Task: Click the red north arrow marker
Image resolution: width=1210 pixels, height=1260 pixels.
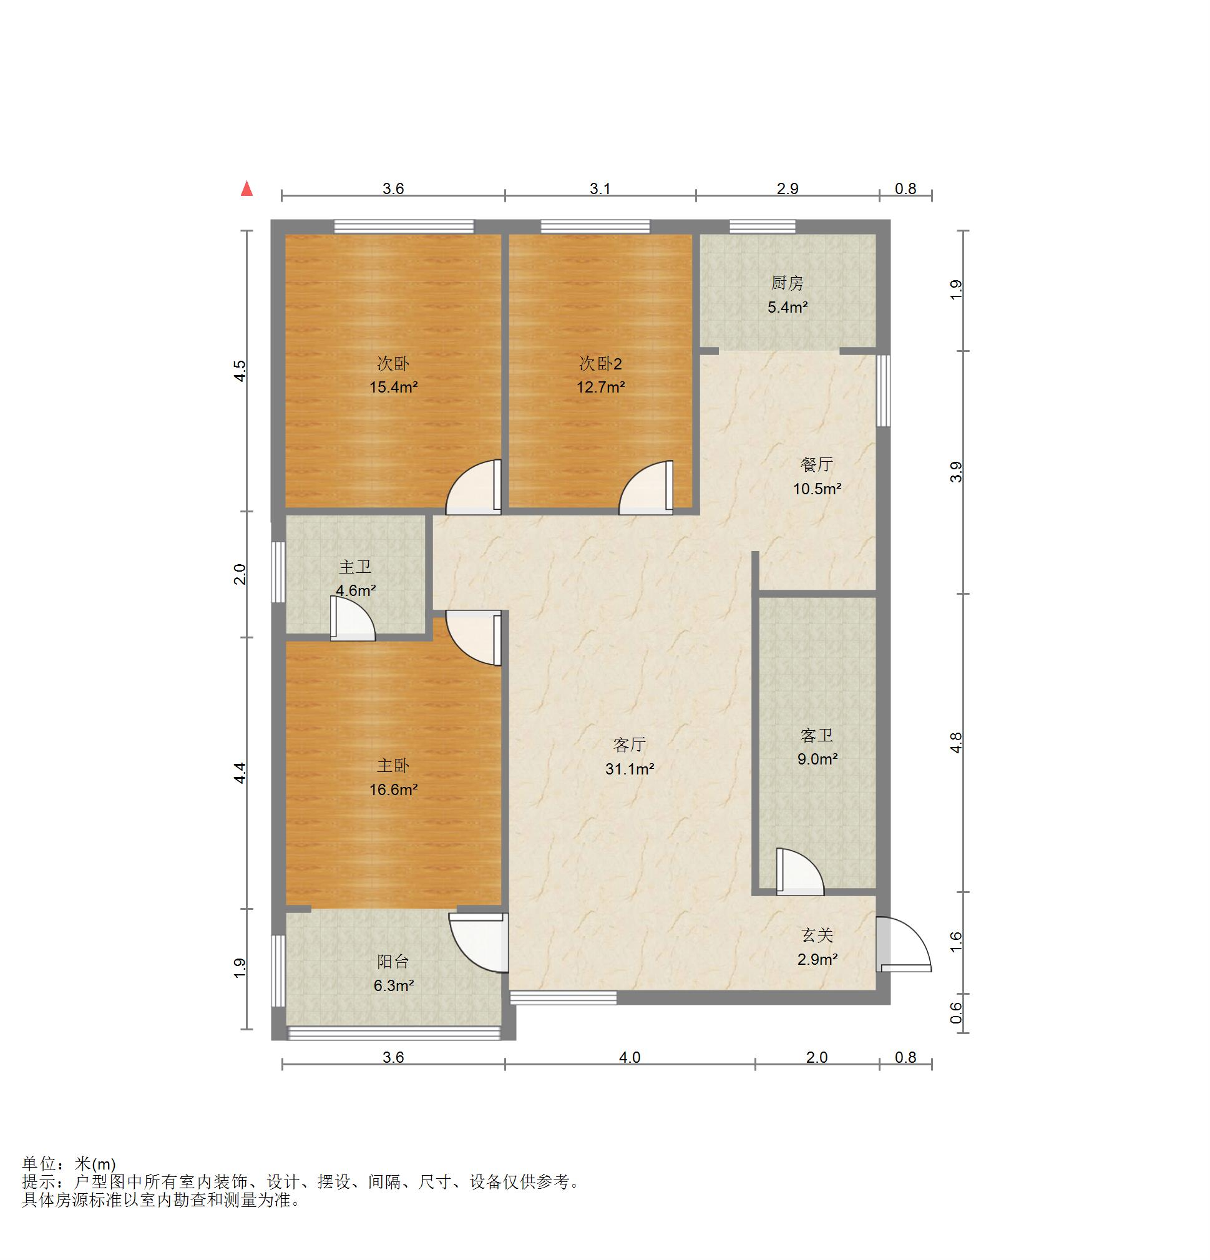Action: [x=246, y=188]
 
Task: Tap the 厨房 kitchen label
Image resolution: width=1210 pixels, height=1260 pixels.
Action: [x=787, y=283]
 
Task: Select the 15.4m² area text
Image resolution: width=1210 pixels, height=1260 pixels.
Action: [x=394, y=387]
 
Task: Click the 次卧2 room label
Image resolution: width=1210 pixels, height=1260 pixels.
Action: [x=600, y=364]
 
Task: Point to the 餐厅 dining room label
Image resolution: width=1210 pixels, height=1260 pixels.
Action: [x=816, y=464]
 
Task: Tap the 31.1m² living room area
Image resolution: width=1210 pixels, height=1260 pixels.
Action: [x=630, y=769]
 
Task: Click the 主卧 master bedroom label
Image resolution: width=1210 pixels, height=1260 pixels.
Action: [x=393, y=765]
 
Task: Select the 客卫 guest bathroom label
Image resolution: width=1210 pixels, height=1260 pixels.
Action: [x=816, y=735]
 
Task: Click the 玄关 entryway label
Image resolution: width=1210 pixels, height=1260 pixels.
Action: [x=816, y=935]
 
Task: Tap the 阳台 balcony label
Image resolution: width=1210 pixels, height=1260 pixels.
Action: [x=393, y=962]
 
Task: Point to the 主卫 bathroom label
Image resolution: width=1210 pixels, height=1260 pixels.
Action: [x=355, y=567]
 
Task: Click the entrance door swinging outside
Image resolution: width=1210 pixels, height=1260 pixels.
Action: [x=904, y=944]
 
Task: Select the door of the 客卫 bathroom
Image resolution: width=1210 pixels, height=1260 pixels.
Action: [x=800, y=872]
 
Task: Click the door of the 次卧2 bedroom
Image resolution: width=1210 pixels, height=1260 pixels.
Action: [x=646, y=488]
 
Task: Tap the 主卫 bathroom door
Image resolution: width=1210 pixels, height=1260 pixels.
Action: [x=353, y=618]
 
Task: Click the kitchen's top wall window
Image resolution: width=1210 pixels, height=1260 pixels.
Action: [x=762, y=227]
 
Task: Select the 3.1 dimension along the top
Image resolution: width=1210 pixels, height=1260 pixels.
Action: [x=600, y=188]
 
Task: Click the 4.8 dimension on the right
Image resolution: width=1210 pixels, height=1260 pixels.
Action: [x=957, y=743]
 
